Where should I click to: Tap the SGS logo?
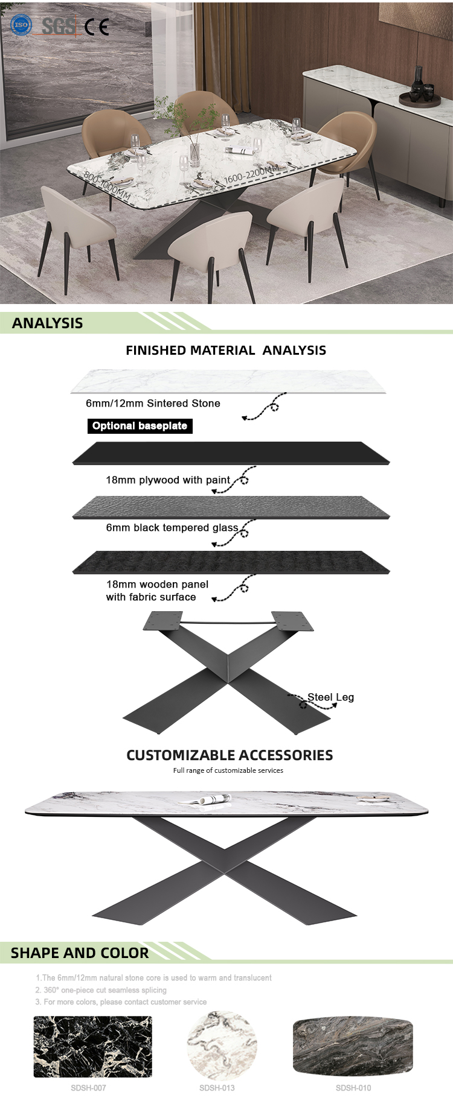pos(59,26)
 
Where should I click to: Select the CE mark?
pos(97,27)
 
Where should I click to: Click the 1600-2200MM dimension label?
pos(252,173)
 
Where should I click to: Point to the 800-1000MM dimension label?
pos(107,186)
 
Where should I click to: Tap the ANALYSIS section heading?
pos(48,323)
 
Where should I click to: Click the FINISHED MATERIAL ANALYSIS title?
pos(226,350)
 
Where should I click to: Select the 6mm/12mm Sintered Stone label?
pos(153,403)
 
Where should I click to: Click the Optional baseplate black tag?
pos(140,426)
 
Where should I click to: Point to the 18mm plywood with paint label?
pos(168,480)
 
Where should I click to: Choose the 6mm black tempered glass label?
pos(172,528)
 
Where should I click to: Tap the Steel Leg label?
pos(330,697)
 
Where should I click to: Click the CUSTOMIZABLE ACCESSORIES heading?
pos(230,755)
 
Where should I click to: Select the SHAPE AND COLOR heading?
pos(80,953)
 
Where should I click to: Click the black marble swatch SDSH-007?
pos(92,1047)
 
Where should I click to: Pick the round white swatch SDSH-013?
pos(222,1046)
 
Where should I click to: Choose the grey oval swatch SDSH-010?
pos(353,1046)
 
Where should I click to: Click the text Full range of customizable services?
pos(228,770)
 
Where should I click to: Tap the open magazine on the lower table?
pos(205,799)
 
